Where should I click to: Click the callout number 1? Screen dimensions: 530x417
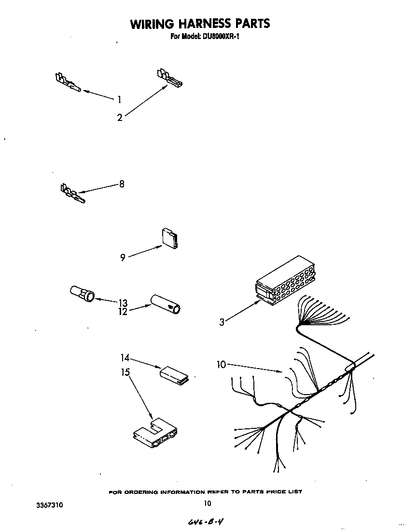pos(119,100)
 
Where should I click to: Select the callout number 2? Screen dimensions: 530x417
pos(120,117)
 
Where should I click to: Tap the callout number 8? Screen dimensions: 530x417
pos(122,184)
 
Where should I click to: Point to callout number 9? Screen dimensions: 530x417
pos(123,258)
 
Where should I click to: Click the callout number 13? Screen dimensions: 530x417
pos(123,303)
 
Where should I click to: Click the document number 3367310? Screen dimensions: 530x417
pos(50,505)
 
